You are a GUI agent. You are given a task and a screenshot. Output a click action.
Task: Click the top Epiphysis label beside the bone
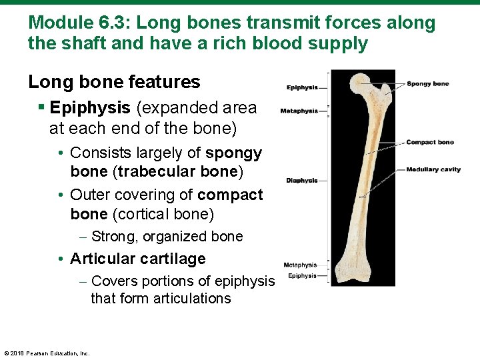(301, 87)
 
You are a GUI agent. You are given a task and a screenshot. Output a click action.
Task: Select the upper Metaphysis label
(299, 111)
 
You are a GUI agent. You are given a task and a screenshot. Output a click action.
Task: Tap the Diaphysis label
(301, 181)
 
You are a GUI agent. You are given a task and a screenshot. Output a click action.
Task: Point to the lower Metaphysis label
(300, 265)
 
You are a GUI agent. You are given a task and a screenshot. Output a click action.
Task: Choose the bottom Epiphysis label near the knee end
(302, 276)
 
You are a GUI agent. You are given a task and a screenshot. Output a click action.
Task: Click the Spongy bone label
(427, 84)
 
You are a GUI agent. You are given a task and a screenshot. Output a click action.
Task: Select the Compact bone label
(429, 142)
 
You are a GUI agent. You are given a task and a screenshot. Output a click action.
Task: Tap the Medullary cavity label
(433, 169)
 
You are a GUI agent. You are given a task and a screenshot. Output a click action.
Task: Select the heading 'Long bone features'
(114, 82)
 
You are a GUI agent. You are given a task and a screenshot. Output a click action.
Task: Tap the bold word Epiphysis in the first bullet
(90, 108)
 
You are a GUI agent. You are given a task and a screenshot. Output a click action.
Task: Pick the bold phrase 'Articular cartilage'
(137, 259)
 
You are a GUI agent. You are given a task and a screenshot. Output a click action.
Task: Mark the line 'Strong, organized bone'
(167, 237)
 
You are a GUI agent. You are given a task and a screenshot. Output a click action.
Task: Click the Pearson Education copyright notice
(47, 353)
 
